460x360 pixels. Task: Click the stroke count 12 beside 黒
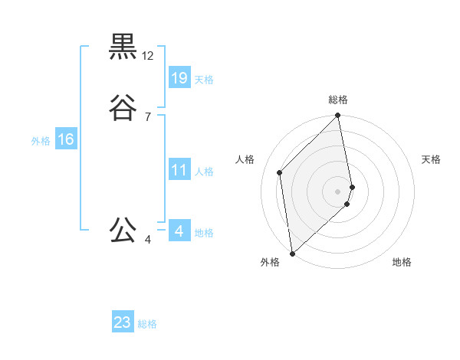(148, 56)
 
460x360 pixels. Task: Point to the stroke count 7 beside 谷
(148, 117)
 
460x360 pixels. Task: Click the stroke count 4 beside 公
(148, 240)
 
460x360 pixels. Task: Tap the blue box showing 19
(179, 77)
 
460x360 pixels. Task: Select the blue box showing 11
(179, 170)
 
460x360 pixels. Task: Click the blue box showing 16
(66, 139)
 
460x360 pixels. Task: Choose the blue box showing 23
(123, 322)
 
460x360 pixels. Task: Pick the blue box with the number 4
(179, 231)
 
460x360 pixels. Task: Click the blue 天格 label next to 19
(204, 80)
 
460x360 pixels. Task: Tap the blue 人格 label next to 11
(204, 172)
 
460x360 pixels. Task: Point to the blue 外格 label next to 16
(41, 141)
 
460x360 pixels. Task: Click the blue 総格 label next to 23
(147, 324)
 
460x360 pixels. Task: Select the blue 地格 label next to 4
(204, 233)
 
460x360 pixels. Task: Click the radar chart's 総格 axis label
(338, 100)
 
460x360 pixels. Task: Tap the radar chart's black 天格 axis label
(431, 159)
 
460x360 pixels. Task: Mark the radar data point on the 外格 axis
(291, 253)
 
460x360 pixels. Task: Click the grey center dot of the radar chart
(338, 191)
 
